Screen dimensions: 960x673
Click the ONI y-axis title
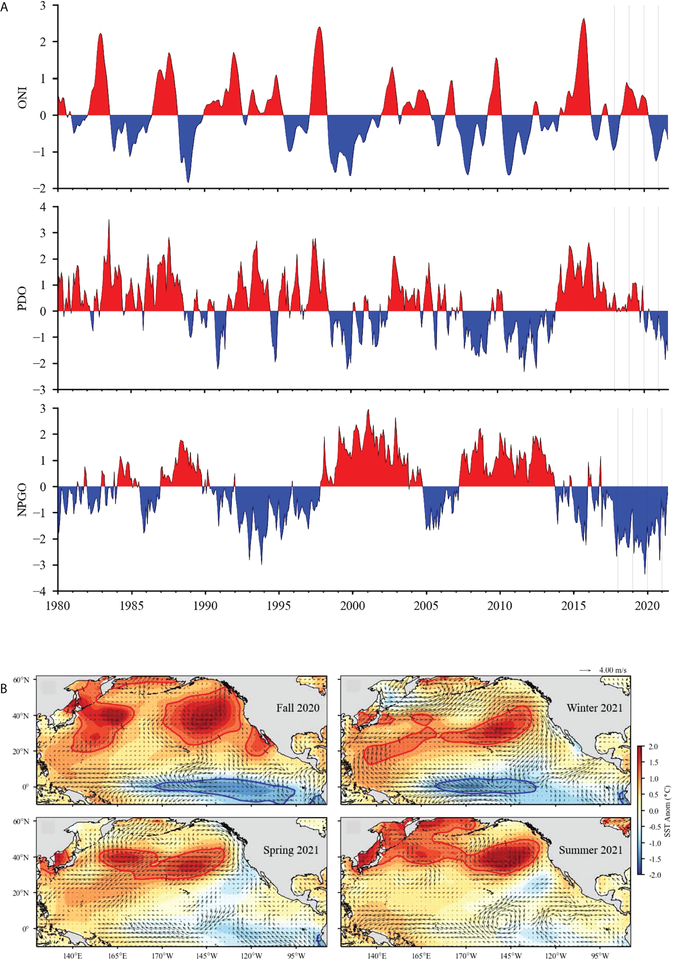(22, 98)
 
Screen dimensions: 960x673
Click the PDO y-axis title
(22, 299)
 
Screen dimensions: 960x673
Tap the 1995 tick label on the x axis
(279, 606)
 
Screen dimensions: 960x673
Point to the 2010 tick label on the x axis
(500, 606)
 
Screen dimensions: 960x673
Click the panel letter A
(4, 7)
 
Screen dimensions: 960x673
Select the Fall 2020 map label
(298, 708)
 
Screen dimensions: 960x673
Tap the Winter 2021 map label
(595, 708)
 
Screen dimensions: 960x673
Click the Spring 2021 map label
(291, 850)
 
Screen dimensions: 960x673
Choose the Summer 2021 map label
(590, 850)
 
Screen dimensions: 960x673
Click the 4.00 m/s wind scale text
(612, 670)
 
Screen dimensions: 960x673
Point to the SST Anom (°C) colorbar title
(667, 811)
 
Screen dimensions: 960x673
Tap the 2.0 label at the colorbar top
(653, 747)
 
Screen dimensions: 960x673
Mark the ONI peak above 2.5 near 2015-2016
(584, 20)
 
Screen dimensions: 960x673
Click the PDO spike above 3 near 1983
(109, 221)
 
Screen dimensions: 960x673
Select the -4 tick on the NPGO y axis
(42, 591)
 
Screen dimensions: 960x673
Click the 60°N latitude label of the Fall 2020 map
(21, 680)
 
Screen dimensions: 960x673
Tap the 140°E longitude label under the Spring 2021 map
(72, 956)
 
